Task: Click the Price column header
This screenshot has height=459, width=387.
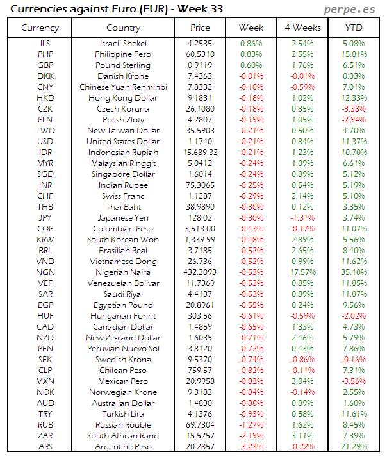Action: (200, 28)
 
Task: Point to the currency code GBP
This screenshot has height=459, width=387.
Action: (45, 65)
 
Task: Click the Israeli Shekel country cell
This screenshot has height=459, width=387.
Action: (123, 44)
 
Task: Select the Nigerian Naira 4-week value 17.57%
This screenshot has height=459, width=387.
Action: (302, 272)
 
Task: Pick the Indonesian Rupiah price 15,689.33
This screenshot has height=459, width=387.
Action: (201, 153)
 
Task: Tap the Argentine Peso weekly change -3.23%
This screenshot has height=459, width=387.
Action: (251, 447)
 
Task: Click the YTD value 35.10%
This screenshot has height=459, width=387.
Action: (354, 272)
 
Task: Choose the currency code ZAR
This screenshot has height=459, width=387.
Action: (45, 436)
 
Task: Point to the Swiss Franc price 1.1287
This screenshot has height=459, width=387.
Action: (201, 196)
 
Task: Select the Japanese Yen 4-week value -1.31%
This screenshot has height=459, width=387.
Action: (302, 218)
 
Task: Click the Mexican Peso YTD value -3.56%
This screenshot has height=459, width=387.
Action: (354, 381)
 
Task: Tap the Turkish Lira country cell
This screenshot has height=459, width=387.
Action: (123, 414)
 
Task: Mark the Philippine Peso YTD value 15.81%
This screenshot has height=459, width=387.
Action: (354, 54)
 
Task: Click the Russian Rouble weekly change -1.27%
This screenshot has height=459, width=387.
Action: (251, 425)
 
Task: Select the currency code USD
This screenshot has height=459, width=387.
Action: (45, 142)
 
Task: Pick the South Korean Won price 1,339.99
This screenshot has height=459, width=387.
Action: (201, 240)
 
